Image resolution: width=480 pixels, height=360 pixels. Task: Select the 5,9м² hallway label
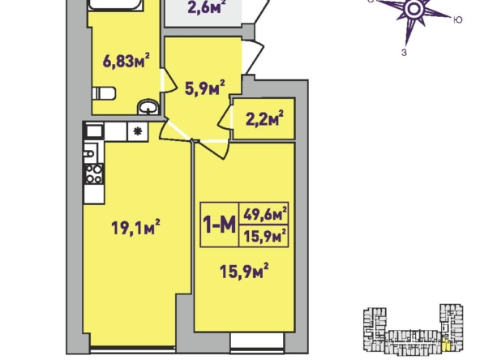[x=205, y=88]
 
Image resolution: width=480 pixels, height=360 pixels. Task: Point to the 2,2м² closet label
[x=264, y=118]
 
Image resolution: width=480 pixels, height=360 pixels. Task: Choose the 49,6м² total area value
[x=265, y=214]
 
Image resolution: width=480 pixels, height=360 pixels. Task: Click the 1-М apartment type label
[x=220, y=225]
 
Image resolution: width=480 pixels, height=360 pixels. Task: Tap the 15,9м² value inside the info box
[x=265, y=235]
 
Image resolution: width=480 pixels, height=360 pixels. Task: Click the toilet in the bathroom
[x=104, y=93]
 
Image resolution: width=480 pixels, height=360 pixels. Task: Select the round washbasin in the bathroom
[x=148, y=107]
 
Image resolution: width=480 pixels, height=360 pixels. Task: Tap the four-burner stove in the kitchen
[x=94, y=174]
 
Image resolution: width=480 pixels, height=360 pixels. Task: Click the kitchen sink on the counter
[x=91, y=153]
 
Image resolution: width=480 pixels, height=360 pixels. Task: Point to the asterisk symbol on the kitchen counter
[x=138, y=131]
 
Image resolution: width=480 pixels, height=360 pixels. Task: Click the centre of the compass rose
[x=414, y=9]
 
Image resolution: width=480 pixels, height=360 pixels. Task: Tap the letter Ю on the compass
[x=457, y=20]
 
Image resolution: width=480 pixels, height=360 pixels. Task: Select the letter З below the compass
[x=404, y=53]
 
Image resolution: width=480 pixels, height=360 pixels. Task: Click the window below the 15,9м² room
[x=256, y=341]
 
